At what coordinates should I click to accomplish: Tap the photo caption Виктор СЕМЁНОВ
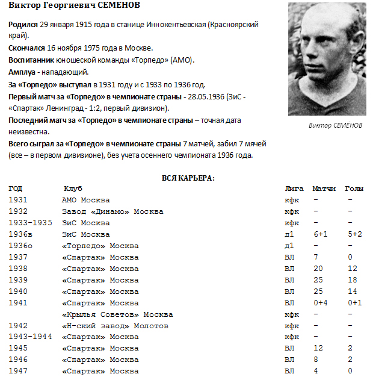336,125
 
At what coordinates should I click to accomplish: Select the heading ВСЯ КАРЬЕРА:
188,178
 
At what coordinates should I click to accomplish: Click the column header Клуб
73,189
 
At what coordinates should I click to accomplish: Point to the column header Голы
354,189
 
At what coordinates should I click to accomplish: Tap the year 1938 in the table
18,269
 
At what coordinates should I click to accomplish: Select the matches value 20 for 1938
318,269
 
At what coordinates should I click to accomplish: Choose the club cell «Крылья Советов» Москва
117,314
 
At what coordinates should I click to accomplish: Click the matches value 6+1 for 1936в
319,234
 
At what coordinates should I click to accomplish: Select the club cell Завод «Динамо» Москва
113,211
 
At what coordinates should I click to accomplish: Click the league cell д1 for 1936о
289,246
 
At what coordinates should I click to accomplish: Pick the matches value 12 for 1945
318,348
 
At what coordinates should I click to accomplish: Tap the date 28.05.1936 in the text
206,96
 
